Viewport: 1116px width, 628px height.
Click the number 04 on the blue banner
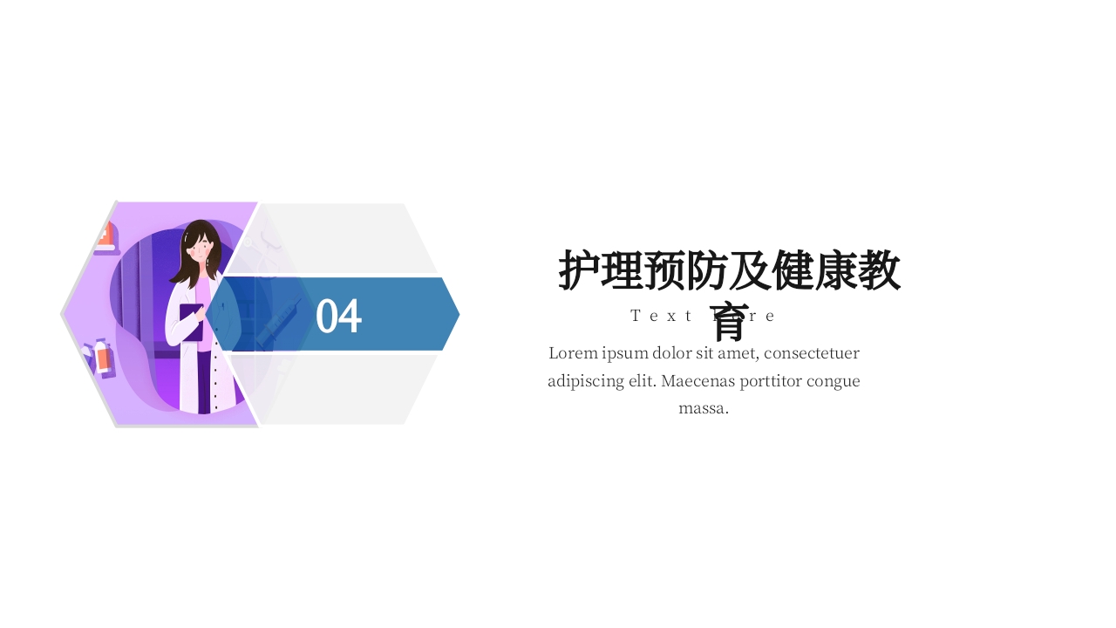[x=338, y=316]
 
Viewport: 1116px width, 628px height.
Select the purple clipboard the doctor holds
[x=191, y=321]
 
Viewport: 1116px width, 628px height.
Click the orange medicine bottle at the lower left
[x=103, y=358]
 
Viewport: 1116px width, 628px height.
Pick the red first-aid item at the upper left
[x=106, y=236]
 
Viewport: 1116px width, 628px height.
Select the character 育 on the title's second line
[x=729, y=321]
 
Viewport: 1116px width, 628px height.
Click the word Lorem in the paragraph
[x=573, y=353]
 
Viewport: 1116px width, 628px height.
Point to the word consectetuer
[x=811, y=353]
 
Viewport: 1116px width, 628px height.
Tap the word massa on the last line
[x=703, y=408]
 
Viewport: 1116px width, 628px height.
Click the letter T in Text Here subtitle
[x=636, y=316]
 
